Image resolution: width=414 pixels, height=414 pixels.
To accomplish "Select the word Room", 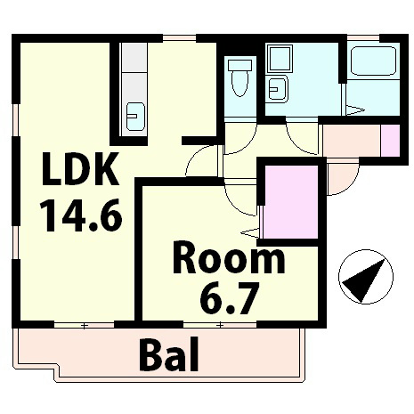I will click(229, 261).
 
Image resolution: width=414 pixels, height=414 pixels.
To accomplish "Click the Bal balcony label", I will click(169, 356).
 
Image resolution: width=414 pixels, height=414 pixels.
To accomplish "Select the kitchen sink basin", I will click(135, 115).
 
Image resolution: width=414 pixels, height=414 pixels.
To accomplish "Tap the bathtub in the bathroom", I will click(373, 62).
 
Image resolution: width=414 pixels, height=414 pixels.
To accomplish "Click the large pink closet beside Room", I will click(290, 202).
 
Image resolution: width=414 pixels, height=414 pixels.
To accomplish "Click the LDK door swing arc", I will click(203, 162).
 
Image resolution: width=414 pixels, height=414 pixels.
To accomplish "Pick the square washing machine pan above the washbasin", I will click(280, 61).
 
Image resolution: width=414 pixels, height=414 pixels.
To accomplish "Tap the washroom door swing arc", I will click(303, 134).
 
